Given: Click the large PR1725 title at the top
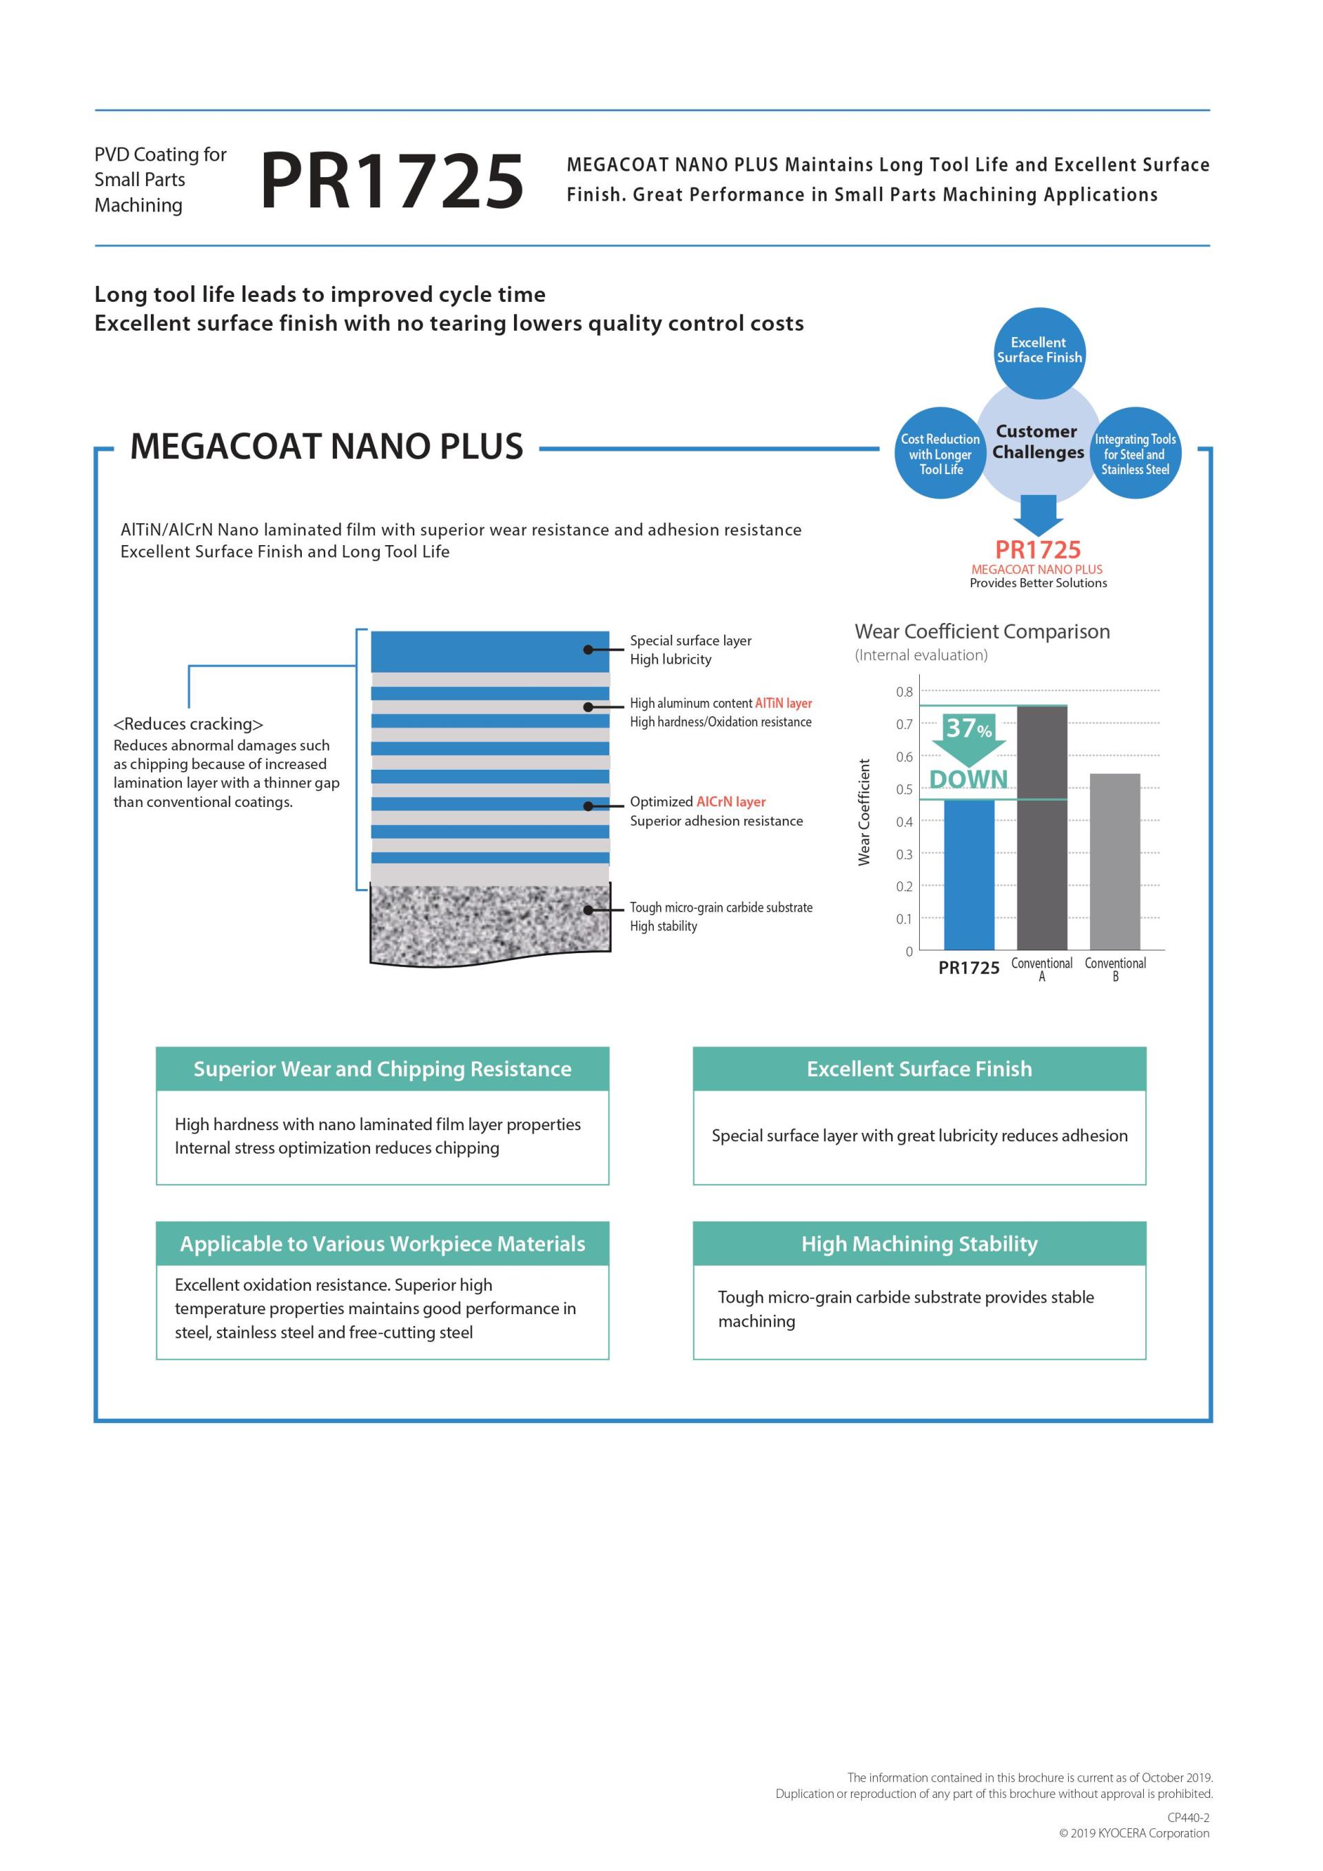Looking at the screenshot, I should pyautogui.click(x=391, y=181).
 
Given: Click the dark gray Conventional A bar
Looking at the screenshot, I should pyautogui.click(x=1042, y=827).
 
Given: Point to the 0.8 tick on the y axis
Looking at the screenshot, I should pyautogui.click(x=904, y=692).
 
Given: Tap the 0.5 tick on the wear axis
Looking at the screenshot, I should pyautogui.click(x=904, y=789).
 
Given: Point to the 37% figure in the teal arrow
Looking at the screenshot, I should pyautogui.click(x=968, y=727).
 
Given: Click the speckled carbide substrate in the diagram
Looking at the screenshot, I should pyautogui.click(x=489, y=925).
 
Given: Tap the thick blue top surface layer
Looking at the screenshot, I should pyautogui.click(x=489, y=651).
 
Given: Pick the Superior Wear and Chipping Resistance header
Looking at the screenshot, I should pyautogui.click(x=382, y=1068).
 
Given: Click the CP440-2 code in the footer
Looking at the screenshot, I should pyautogui.click(x=1188, y=1817).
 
